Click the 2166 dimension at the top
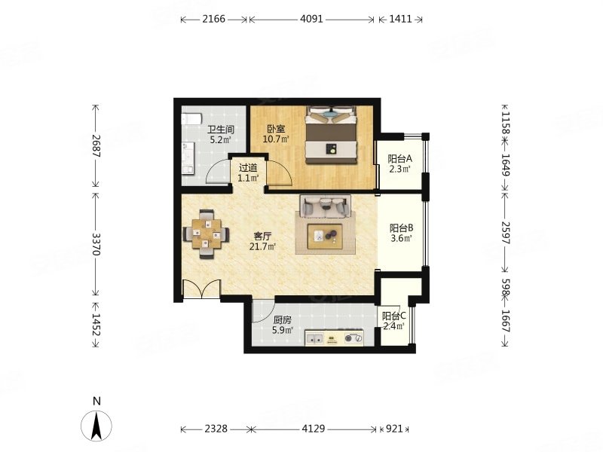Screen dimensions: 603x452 click(x=214, y=19)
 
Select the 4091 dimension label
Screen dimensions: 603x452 click(x=311, y=19)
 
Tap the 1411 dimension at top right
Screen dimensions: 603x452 click(x=400, y=19)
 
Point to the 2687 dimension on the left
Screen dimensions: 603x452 click(x=96, y=145)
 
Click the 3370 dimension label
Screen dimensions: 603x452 click(x=96, y=244)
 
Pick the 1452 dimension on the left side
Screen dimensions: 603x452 click(x=96, y=325)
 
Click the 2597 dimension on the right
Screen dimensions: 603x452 click(x=506, y=233)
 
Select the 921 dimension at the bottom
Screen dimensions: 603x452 click(x=394, y=429)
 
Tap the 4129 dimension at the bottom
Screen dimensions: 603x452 click(x=314, y=429)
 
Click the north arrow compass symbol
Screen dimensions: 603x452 click(x=96, y=426)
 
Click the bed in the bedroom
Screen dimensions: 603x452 click(x=331, y=135)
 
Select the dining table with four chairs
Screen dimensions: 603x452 click(x=207, y=234)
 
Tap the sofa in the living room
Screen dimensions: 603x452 click(x=326, y=206)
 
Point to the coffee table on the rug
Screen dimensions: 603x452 click(x=325, y=236)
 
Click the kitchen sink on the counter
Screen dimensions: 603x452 click(x=314, y=339)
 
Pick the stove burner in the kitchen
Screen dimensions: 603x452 click(x=354, y=338)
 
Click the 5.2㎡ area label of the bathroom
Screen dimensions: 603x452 click(x=220, y=139)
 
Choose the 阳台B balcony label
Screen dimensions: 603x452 click(x=401, y=228)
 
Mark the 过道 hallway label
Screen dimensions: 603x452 click(x=248, y=168)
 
